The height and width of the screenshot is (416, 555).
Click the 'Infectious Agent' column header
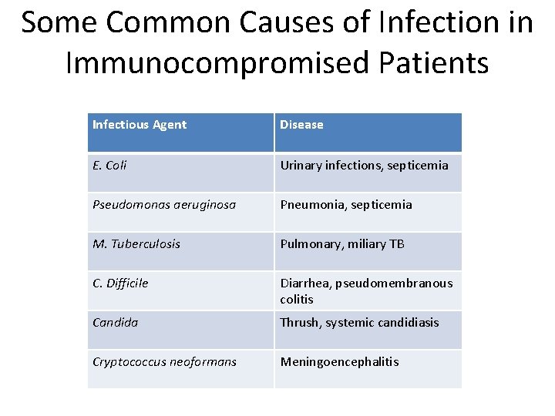pos(140,125)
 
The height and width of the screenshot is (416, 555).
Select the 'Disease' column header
pos(301,125)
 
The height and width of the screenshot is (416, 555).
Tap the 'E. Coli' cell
pos(109,165)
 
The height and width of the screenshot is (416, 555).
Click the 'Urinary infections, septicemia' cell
pos(364,165)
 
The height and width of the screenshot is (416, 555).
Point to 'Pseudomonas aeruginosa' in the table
pos(164,205)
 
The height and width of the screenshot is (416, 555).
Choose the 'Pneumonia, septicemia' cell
pos(346,205)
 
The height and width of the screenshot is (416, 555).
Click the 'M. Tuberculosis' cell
pos(136,244)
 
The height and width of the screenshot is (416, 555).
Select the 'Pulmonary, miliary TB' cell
pos(342,244)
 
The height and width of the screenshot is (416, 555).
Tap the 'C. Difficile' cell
pos(120,283)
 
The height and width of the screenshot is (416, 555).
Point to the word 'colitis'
pos(297,299)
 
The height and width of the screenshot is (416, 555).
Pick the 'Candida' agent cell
pos(116,323)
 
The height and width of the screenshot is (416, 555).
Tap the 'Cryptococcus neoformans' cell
pos(165,362)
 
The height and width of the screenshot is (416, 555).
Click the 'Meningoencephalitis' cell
pos(340,362)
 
